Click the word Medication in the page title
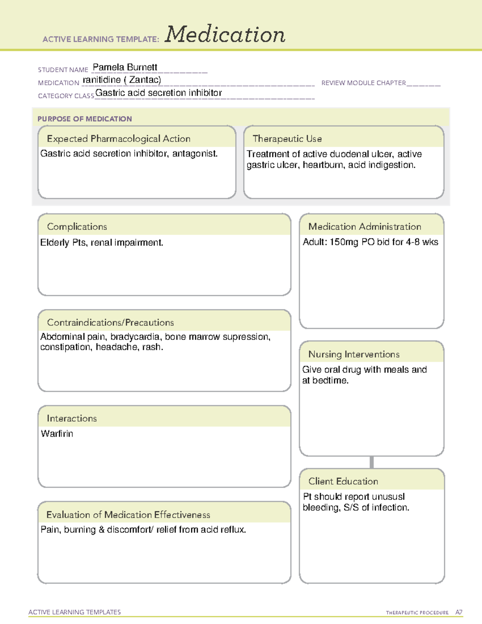[x=225, y=35]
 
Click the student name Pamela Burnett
[x=125, y=67]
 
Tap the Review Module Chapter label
[x=364, y=83]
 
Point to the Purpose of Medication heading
[x=85, y=119]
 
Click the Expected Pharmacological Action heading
[x=118, y=139]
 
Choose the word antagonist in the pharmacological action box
[x=194, y=153]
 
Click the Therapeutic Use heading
[x=287, y=139]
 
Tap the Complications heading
[x=77, y=227]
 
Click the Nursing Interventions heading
[x=354, y=354]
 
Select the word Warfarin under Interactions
[x=57, y=434]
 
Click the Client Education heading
[x=343, y=481]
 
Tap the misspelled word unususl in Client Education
[x=388, y=497]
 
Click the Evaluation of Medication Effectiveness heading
[x=128, y=515]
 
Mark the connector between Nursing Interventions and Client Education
[x=372, y=462]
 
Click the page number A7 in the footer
[x=459, y=612]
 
